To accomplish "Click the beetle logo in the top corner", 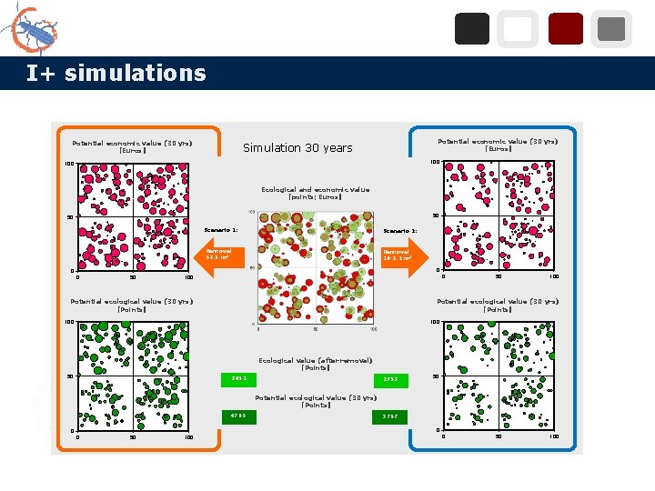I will [31, 29].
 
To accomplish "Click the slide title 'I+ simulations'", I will [116, 73].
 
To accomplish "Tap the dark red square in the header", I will [565, 29].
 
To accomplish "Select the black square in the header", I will [471, 29].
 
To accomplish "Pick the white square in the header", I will [518, 29].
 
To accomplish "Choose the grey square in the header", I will [611, 29].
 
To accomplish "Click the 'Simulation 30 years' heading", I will [297, 147].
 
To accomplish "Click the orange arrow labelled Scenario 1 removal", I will [217, 255].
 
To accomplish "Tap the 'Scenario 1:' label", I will [221, 230].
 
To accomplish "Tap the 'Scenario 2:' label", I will [400, 231].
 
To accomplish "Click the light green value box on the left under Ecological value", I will [238, 378].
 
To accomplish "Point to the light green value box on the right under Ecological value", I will [390, 379].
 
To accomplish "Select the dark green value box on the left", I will [238, 416].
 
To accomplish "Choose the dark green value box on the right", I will [390, 416].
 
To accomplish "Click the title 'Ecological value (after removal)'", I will [315, 364].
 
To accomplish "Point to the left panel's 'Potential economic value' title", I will [132, 145].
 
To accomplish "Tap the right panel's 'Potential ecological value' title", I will [498, 305].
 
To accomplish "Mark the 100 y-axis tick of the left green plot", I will [68, 322].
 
